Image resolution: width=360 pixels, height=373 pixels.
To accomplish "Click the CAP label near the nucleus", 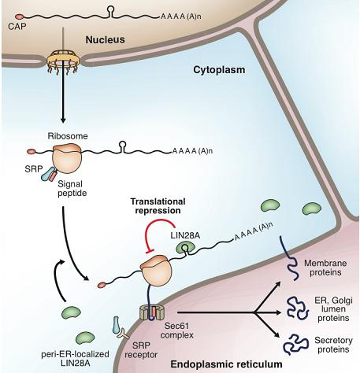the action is (x=17, y=27).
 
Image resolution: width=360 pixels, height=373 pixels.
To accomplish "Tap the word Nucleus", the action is (x=105, y=40).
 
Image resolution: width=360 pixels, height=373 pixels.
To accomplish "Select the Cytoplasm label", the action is (x=219, y=70).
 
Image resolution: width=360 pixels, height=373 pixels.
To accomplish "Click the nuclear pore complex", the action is (x=63, y=61).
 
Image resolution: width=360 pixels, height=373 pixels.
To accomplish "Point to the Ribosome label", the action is (x=68, y=136).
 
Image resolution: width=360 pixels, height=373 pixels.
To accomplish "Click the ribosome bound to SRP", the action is (x=68, y=158).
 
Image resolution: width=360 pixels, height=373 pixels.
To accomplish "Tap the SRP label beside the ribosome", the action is (x=34, y=169).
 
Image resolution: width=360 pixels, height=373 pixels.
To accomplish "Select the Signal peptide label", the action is (x=72, y=189).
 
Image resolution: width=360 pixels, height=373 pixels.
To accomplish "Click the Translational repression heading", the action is (x=158, y=206).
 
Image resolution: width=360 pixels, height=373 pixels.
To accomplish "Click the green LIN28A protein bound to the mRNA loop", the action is (x=185, y=248).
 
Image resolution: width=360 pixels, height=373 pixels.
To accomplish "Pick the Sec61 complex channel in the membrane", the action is (x=152, y=312).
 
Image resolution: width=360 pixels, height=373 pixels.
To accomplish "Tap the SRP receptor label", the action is (x=141, y=350).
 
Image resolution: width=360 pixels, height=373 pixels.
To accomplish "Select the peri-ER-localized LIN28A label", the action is (x=75, y=359).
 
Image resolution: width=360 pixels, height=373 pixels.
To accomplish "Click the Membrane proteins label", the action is (x=325, y=268).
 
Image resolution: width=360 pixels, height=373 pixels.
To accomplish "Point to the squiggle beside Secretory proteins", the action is (x=295, y=344).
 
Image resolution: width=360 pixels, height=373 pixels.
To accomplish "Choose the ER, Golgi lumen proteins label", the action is (x=333, y=309).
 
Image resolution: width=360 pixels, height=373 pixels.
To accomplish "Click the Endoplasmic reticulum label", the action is (x=226, y=364).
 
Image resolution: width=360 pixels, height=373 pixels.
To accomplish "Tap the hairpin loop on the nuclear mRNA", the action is (x=111, y=12).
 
